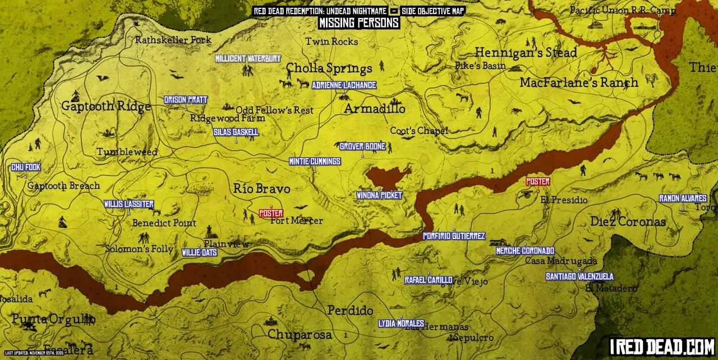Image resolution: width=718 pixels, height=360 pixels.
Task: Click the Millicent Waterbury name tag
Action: (248, 59)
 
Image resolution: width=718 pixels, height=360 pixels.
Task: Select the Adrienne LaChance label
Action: (343, 85)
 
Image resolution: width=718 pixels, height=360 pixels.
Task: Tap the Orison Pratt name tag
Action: (186, 100)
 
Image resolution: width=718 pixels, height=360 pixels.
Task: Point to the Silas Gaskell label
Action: (236, 132)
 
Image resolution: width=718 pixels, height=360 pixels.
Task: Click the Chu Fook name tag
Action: (26, 168)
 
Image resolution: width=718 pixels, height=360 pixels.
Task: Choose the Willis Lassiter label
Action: (128, 204)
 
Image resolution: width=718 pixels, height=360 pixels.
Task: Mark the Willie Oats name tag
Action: (199, 253)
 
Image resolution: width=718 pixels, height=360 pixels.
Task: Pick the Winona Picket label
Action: (379, 196)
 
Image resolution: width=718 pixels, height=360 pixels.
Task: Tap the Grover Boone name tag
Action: (362, 147)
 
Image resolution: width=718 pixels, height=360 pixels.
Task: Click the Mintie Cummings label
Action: (314, 161)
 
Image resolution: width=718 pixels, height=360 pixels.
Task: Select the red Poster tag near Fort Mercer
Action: (271, 214)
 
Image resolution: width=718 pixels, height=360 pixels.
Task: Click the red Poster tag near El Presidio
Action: (537, 182)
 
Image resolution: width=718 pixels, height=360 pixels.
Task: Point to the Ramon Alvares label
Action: (683, 199)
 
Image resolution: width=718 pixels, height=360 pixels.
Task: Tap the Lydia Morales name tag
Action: (401, 324)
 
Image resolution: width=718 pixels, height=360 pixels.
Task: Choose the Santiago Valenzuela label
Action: (579, 276)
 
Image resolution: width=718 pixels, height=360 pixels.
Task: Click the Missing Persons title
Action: (359, 23)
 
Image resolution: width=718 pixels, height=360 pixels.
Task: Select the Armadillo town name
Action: (374, 109)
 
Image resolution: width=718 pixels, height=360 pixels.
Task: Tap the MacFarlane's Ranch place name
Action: (578, 83)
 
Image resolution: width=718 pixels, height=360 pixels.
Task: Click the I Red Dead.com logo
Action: (662, 347)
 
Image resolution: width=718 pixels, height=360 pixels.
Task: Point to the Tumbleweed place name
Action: (127, 152)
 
